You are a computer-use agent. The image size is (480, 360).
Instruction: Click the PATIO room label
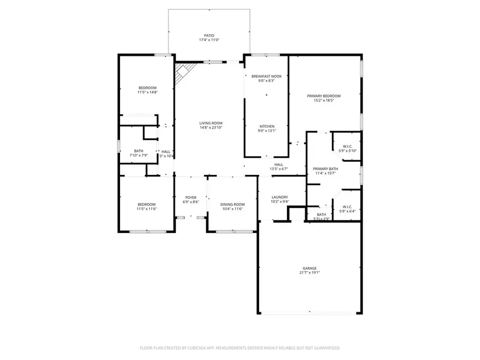[209, 36]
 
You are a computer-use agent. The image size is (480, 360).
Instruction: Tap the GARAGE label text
[309, 268]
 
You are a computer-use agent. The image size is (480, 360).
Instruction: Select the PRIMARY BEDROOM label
[323, 96]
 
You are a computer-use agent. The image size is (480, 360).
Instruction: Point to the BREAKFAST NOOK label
[266, 76]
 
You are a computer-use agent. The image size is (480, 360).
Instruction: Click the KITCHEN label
[266, 126]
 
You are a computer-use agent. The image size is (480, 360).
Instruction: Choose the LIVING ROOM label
[211, 123]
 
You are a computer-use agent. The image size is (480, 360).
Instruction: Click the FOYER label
[191, 197]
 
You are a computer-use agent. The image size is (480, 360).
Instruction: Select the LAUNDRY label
[279, 197]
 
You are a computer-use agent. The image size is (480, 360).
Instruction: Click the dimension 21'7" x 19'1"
[309, 273]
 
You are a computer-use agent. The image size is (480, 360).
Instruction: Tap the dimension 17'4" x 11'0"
[209, 41]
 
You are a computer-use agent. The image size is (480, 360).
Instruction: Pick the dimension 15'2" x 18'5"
[323, 101]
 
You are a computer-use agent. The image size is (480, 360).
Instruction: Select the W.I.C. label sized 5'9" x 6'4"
[347, 206]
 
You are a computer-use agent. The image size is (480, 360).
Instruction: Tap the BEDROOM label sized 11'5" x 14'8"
[147, 87]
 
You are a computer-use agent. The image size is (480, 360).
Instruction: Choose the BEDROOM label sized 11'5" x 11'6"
[147, 204]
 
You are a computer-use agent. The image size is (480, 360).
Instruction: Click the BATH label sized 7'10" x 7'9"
[139, 151]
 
